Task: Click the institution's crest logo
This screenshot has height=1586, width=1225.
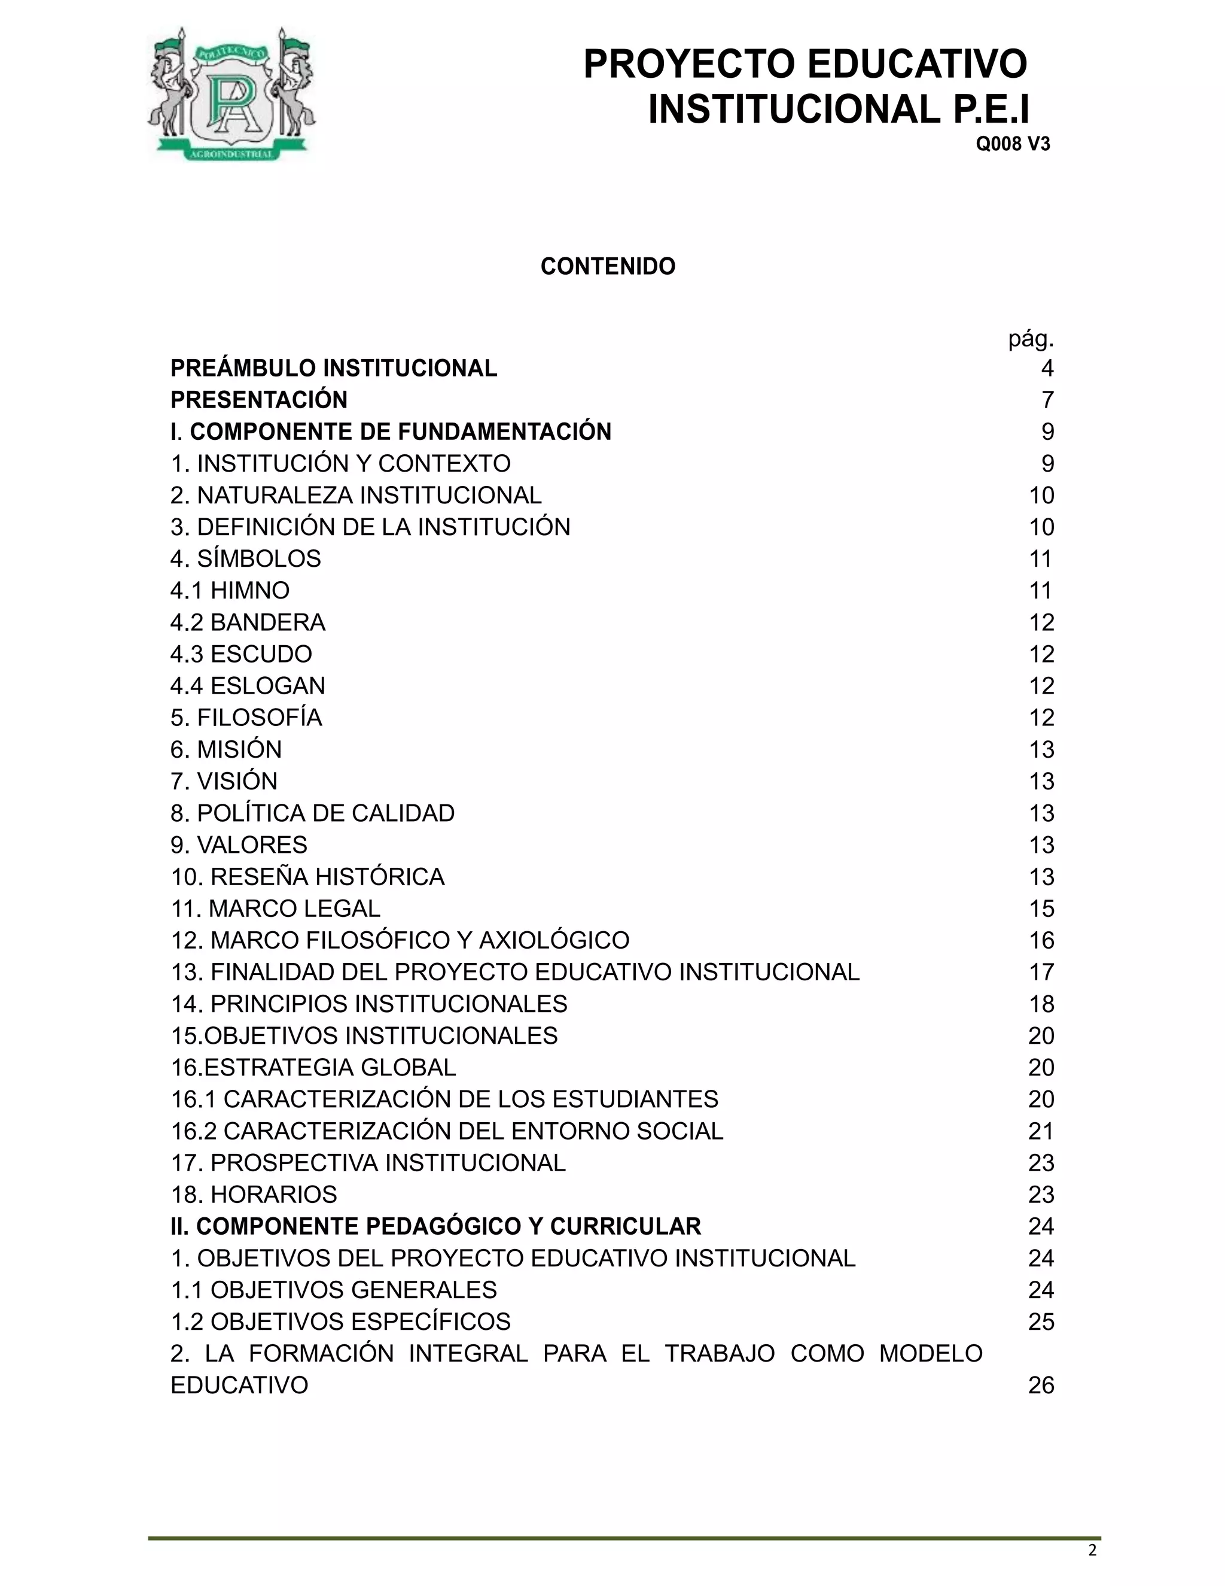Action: pyautogui.click(x=231, y=95)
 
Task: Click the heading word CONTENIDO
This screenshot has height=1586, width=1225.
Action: pyautogui.click(x=608, y=266)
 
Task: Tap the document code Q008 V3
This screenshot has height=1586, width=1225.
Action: pyautogui.click(x=1013, y=144)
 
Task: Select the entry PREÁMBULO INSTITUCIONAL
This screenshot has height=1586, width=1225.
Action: pyautogui.click(x=334, y=368)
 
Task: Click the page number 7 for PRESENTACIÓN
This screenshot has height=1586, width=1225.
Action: pyautogui.click(x=1047, y=400)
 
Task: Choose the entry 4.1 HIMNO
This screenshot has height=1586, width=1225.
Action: pyautogui.click(x=230, y=590)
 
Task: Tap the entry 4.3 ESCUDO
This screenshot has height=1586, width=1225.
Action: pyautogui.click(x=241, y=654)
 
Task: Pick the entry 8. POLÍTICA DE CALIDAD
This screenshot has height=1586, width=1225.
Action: pyautogui.click(x=312, y=813)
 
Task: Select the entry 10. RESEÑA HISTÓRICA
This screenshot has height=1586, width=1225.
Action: pyautogui.click(x=307, y=877)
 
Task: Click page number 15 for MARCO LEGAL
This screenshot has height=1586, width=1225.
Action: pyautogui.click(x=1041, y=909)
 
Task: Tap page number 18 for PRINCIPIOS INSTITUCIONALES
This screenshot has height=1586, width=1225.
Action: pyautogui.click(x=1041, y=1004)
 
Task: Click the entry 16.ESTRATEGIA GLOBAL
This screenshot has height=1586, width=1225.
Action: pyautogui.click(x=313, y=1068)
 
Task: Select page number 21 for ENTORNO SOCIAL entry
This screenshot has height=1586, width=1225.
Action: pyautogui.click(x=1041, y=1131)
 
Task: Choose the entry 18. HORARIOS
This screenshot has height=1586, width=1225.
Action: pyautogui.click(x=254, y=1195)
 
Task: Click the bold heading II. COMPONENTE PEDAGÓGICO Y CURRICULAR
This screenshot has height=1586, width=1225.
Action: pyautogui.click(x=435, y=1226)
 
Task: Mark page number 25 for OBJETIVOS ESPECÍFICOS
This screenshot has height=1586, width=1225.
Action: pyautogui.click(x=1041, y=1321)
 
